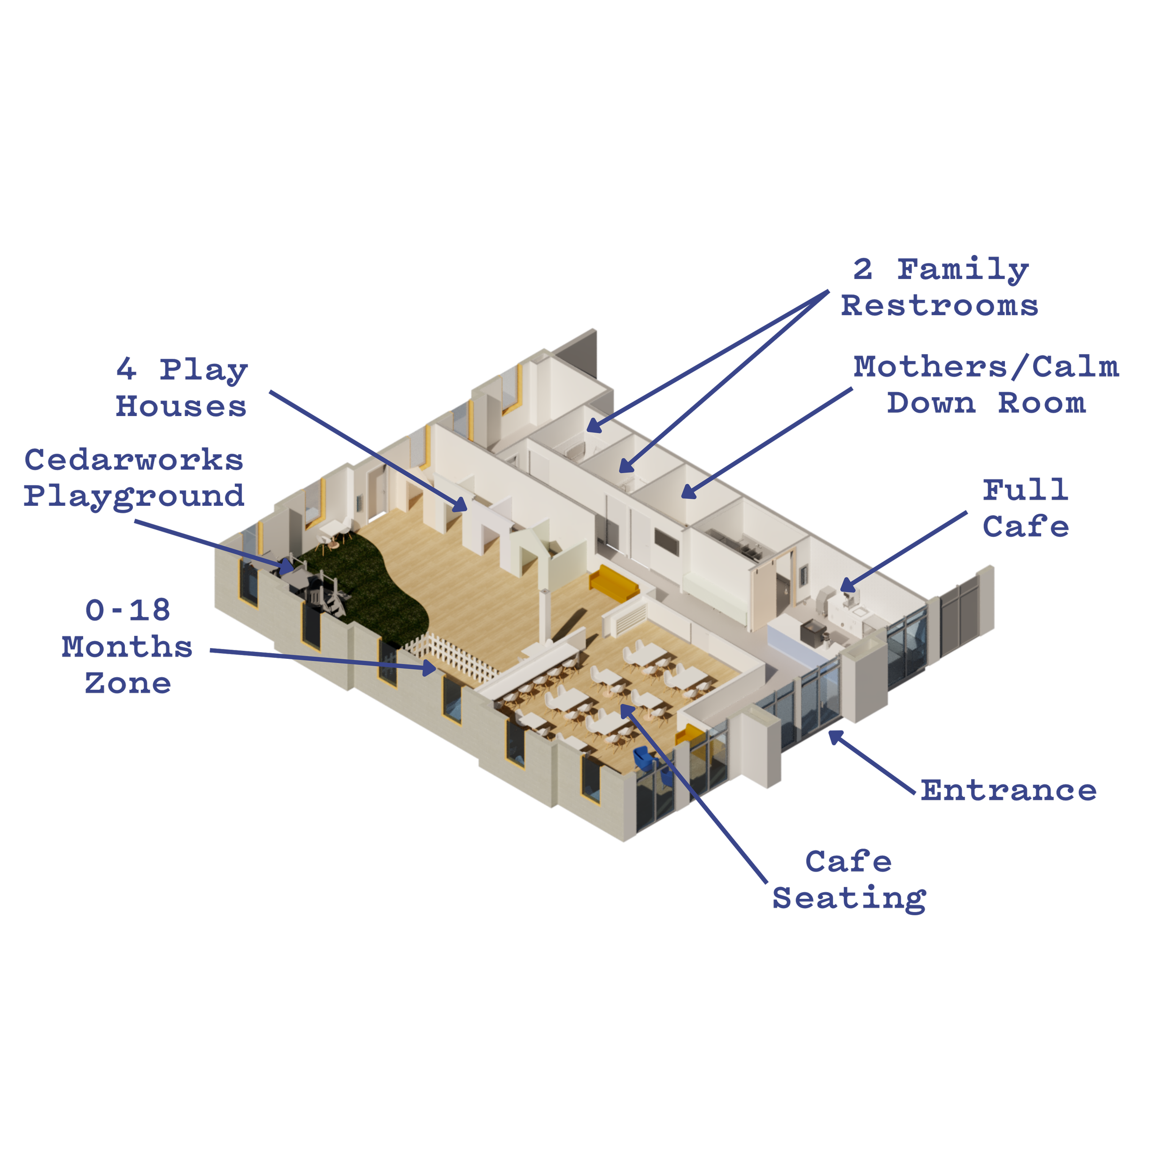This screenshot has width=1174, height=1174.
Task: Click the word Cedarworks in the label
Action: pyautogui.click(x=134, y=460)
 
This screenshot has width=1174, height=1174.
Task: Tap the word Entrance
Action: pyautogui.click(x=1009, y=790)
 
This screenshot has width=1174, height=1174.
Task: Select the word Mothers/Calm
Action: pyautogui.click(x=986, y=366)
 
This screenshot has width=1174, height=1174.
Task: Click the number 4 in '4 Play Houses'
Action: pyautogui.click(x=126, y=369)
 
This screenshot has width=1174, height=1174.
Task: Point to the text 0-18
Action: pyautogui.click(x=128, y=610)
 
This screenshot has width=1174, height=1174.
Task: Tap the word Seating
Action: pyautogui.click(x=849, y=898)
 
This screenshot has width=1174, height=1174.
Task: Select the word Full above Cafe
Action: pyautogui.click(x=1026, y=490)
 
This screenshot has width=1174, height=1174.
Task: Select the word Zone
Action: pyautogui.click(x=128, y=683)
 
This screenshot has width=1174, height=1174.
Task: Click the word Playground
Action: pyautogui.click(x=134, y=496)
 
